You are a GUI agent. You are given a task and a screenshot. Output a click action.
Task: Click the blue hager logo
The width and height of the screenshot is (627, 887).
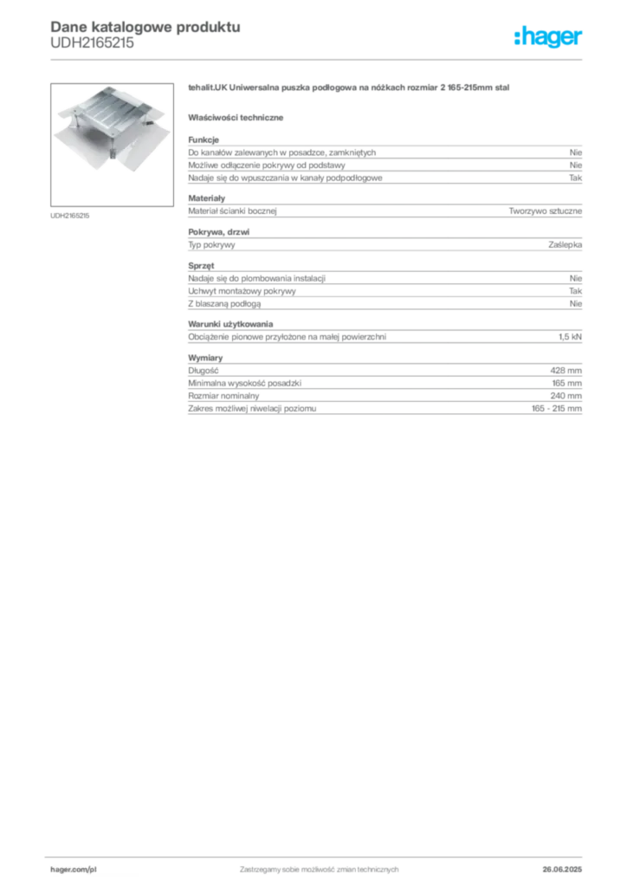coord(549,38)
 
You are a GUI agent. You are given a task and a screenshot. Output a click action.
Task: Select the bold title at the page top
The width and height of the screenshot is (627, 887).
coord(143,25)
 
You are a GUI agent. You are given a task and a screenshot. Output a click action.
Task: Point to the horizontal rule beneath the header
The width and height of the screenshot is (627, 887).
coord(318,59)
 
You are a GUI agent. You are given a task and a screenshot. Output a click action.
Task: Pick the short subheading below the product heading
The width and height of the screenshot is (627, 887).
coord(238,116)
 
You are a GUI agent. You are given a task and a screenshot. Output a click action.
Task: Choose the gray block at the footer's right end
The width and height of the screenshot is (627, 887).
coord(564,864)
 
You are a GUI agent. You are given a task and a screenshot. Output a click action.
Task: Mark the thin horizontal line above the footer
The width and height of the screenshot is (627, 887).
coord(318,855)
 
